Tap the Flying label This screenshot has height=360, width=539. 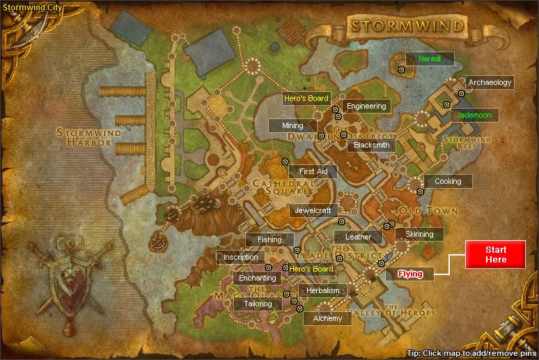pos(410,274)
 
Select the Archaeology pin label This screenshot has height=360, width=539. pos(490,82)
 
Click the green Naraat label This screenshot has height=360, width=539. pos(430,58)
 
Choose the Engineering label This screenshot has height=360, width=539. pos(366,106)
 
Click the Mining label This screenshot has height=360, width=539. pos(292,126)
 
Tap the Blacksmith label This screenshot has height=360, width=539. pos(372,145)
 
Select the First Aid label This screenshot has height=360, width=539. pos(313,171)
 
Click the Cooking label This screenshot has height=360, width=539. pos(448,181)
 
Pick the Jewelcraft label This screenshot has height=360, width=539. pos(314,210)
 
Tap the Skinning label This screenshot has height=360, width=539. pos(419,234)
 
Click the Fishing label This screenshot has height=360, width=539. pos(270,240)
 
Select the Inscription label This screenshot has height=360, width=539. pos(241,257)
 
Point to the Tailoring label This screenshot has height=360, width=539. pos(253,304)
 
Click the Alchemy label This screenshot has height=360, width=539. pos(328,318)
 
